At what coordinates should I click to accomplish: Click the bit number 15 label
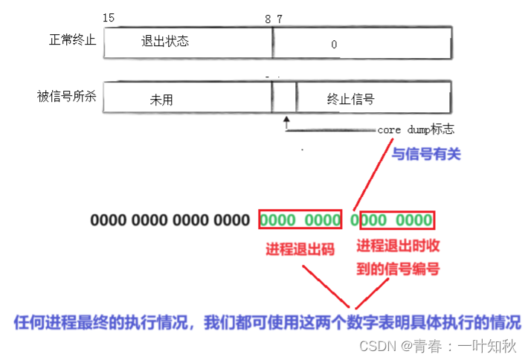[x=109, y=17]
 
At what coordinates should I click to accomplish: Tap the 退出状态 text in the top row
[x=165, y=41]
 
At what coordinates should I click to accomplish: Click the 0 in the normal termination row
[x=334, y=45]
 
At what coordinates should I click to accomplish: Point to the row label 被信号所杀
[x=67, y=97]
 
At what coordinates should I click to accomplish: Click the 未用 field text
[x=161, y=100]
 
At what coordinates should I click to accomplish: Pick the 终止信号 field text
[x=350, y=98]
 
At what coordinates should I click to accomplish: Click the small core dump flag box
[x=284, y=97]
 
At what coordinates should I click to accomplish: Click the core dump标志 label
[x=416, y=129]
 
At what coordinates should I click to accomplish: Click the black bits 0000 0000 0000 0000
[x=170, y=220]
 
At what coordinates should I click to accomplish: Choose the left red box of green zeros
[x=300, y=219]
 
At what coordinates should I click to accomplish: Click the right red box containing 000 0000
[x=396, y=219]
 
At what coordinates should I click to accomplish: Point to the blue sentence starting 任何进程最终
[x=267, y=323]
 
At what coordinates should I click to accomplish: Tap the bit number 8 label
[x=268, y=19]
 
